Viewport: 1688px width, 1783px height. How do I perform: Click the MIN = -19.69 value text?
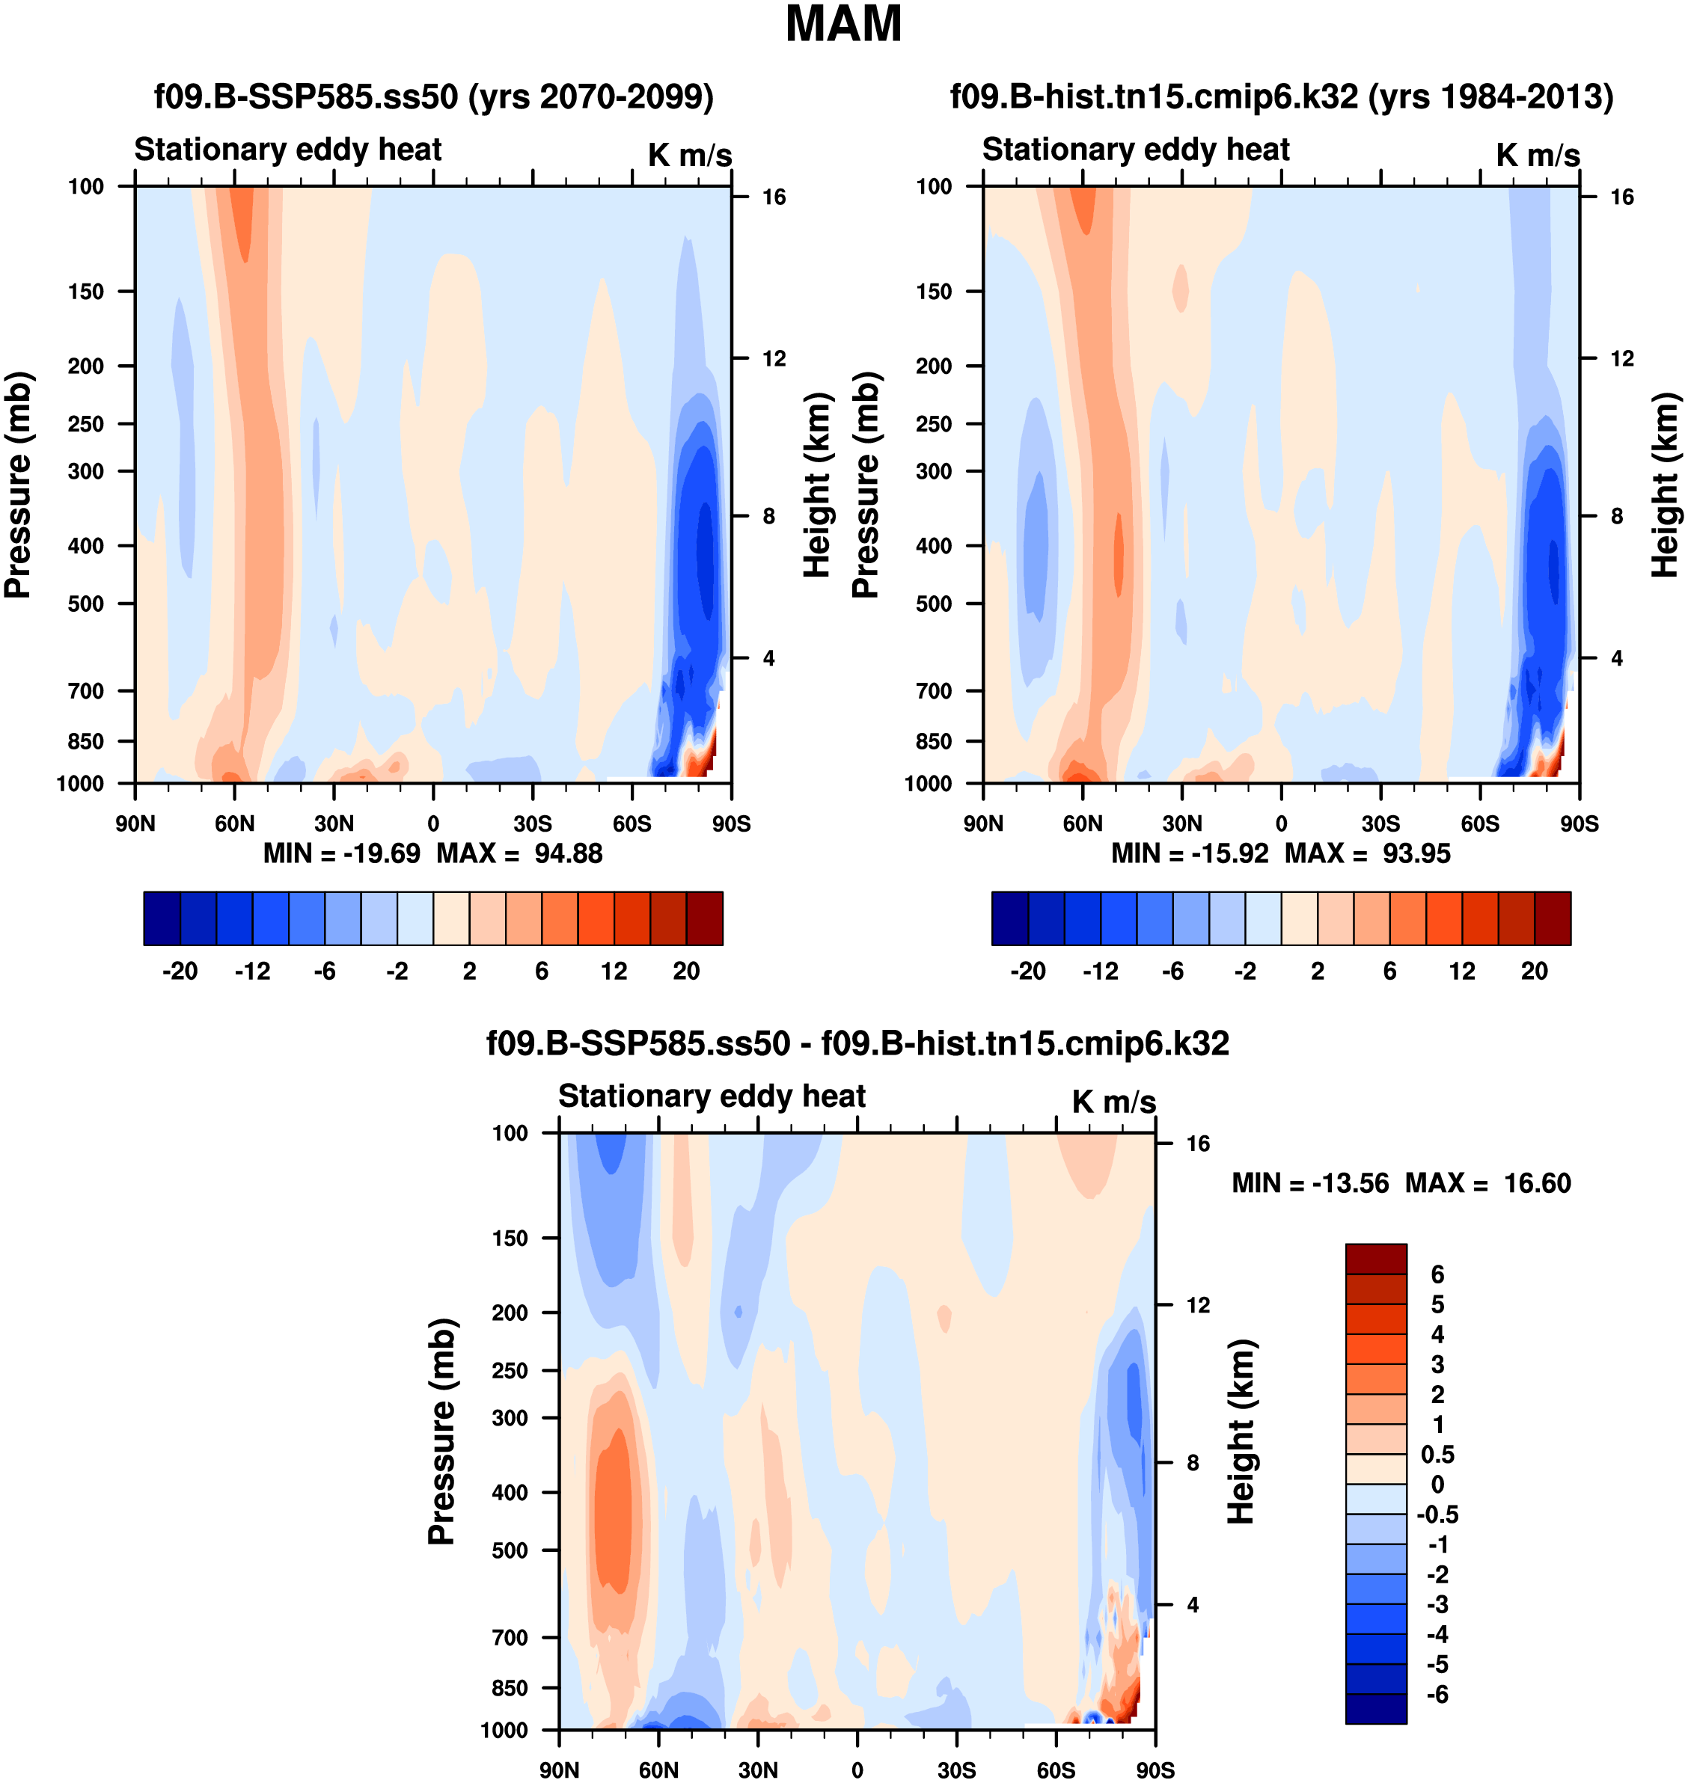pos(341,853)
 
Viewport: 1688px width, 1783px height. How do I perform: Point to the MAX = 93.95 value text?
pos(1367,853)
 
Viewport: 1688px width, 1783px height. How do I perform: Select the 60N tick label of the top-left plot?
pos(235,823)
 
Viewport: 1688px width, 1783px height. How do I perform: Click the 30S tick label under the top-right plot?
pos(1380,823)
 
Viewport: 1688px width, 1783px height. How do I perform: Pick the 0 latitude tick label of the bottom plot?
pos(857,1770)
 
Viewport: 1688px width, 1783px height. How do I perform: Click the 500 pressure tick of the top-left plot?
pos(86,604)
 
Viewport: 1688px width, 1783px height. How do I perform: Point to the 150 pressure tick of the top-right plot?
pos(934,292)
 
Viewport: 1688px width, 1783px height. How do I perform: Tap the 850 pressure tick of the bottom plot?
pos(510,1688)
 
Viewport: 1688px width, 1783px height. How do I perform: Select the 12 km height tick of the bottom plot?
pos(1198,1304)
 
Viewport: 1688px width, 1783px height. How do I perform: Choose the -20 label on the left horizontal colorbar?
pos(180,971)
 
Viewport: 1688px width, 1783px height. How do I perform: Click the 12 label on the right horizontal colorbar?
pos(1462,971)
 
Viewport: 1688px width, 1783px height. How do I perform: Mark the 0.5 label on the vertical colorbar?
pos(1437,1455)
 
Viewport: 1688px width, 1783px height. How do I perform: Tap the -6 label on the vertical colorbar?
pos(1437,1695)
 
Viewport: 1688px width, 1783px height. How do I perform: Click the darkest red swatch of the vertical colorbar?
pos(1376,1259)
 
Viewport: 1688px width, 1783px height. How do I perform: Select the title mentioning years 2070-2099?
pos(434,96)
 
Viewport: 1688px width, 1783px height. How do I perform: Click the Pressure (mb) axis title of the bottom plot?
pos(441,1430)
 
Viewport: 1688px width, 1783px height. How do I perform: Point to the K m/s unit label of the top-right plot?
pos(1538,156)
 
